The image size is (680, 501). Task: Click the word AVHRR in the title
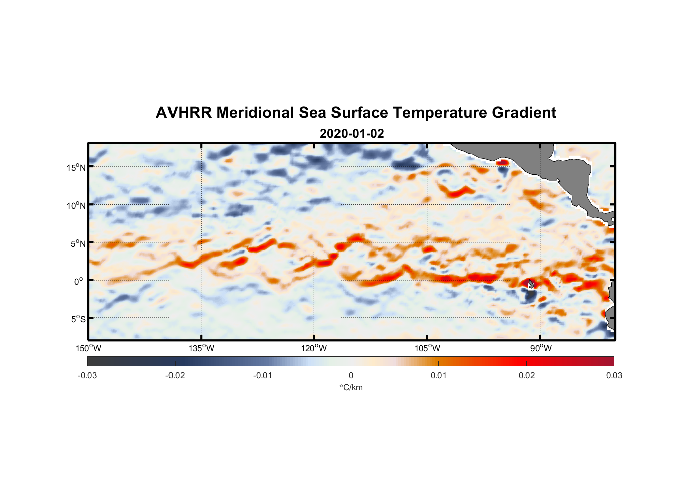[x=184, y=113]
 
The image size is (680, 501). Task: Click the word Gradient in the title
[x=524, y=113]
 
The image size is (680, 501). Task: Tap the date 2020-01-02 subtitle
[x=352, y=134]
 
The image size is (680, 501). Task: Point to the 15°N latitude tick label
[x=76, y=167]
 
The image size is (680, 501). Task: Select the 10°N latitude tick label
[x=76, y=205]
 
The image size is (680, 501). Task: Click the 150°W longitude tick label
[x=89, y=348]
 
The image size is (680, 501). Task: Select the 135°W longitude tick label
[x=202, y=348]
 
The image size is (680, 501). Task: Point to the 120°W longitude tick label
[x=314, y=348]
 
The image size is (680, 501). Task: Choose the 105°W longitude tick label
[x=427, y=348]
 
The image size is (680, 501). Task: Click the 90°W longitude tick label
[x=541, y=348]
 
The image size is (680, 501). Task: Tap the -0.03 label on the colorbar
[x=87, y=375]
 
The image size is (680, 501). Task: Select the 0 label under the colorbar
[x=351, y=375]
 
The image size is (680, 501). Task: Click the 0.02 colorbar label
[x=527, y=375]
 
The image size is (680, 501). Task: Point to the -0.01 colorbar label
[x=263, y=375]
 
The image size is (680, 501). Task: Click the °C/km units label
[x=351, y=387]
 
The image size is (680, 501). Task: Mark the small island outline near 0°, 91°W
[x=531, y=284]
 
